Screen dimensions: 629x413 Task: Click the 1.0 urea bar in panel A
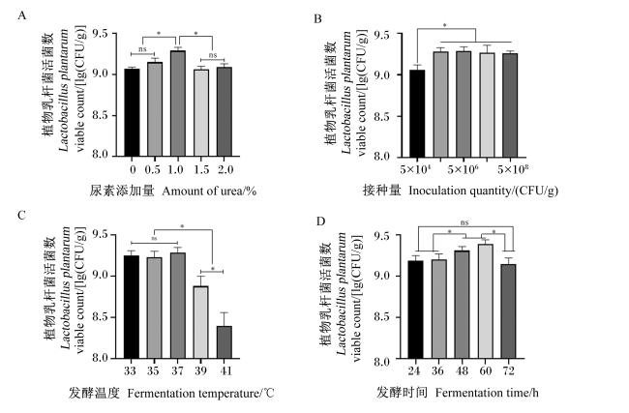point(178,103)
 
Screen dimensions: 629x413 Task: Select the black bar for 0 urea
point(132,112)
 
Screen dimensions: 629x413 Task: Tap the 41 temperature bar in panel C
point(225,342)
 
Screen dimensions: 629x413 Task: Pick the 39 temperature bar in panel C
point(201,322)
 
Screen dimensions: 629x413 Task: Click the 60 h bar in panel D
point(485,301)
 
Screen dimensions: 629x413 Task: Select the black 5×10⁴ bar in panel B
point(417,113)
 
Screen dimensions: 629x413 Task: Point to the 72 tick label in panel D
point(508,370)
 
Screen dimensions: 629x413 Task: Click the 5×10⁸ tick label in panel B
point(513,169)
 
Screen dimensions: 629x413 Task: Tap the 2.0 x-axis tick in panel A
point(225,169)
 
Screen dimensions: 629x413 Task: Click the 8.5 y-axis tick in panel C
point(101,317)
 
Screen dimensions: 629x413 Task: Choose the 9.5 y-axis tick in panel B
point(381,35)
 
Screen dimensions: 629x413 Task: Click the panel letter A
point(21,16)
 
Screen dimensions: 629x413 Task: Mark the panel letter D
point(320,221)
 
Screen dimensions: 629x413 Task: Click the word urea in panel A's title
point(230,192)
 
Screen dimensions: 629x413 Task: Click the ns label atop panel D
point(464,222)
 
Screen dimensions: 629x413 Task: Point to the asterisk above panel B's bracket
point(444,26)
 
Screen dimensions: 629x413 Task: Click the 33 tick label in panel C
point(130,370)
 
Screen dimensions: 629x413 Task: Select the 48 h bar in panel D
point(462,305)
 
